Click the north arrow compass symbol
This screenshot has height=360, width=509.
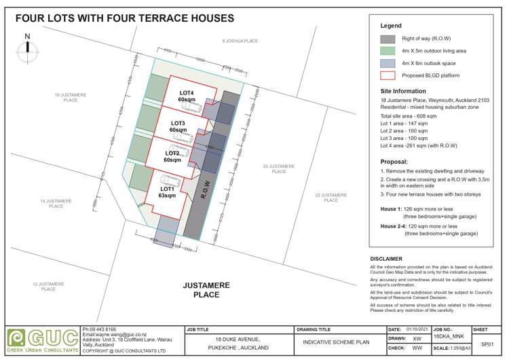(27, 47)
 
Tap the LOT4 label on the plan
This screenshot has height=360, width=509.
(187, 92)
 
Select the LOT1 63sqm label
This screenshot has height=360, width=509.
(167, 192)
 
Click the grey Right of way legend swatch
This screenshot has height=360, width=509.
(388, 39)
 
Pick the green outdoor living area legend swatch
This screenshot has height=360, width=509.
(388, 52)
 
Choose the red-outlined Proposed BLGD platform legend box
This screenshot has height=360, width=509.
(388, 76)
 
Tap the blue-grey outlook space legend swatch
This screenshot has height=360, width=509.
(388, 64)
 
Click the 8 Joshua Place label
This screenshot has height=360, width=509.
(240, 41)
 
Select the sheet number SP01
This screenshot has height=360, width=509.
(487, 344)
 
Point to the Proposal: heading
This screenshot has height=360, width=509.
(394, 162)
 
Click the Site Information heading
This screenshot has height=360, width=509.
(404, 90)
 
